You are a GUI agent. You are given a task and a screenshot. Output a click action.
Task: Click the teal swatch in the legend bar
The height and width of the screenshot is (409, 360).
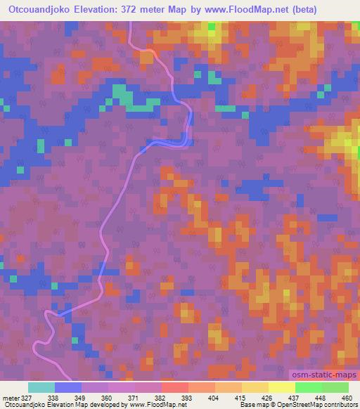(x=41, y=387)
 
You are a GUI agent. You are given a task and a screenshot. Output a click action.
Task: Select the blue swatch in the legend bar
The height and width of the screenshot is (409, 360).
(x=67, y=387)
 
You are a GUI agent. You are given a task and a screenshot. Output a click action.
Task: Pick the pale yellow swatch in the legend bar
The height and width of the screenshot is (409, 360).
(x=281, y=387)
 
